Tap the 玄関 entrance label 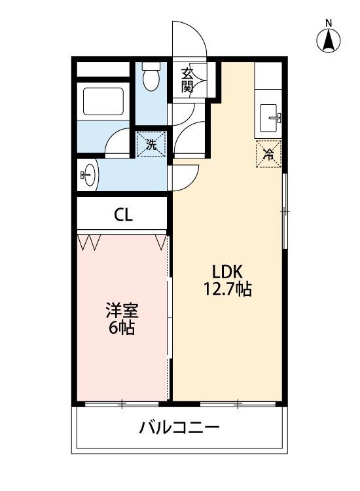187,79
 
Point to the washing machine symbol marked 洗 151,144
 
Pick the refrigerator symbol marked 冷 268,155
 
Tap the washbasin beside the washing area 88,175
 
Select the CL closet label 123,215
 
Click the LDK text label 227,272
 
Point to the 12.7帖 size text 227,289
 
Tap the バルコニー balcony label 179,429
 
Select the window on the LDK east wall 285,211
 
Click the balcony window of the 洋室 122,404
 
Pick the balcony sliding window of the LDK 238,404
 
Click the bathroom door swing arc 118,143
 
